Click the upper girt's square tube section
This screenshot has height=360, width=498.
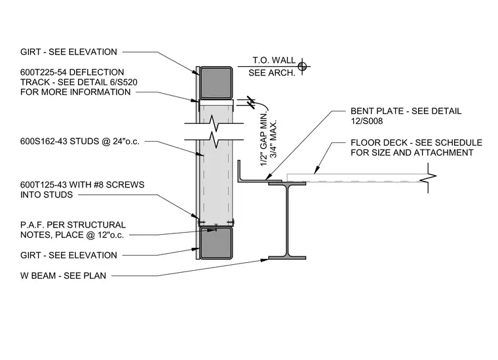coord(216,83)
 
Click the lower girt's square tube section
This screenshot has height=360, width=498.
coord(216,243)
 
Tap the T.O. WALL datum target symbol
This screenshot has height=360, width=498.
coord(302,67)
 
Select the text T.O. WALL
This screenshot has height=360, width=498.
coord(274,60)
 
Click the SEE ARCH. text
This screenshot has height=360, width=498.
coord(272,73)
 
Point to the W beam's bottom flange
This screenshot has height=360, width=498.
coord(287,258)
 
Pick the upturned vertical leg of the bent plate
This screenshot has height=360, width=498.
coord(239,170)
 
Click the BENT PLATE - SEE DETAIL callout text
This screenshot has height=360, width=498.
coord(406,111)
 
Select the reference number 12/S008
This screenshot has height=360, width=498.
coord(367,121)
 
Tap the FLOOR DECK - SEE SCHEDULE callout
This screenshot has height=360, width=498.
coord(416,143)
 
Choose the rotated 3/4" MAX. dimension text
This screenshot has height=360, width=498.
coord(274,138)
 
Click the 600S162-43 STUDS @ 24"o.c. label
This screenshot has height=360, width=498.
coord(80,142)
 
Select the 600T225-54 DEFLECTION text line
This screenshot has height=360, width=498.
coord(72,72)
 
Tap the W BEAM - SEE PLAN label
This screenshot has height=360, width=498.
coord(63,276)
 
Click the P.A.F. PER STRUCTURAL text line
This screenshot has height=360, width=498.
coord(73,225)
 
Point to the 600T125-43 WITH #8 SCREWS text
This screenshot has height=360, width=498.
coord(83,185)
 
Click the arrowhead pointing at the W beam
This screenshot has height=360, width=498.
coord(265,260)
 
